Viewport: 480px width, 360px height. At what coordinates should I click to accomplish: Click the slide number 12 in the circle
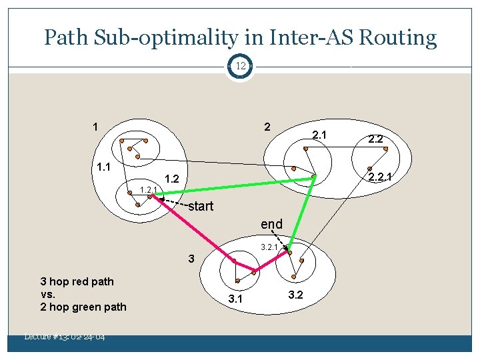[240, 66]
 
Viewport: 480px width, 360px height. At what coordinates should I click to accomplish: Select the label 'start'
[200, 206]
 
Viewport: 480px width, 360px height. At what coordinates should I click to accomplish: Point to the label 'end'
[271, 224]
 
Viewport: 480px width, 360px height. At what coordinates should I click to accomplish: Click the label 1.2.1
[148, 191]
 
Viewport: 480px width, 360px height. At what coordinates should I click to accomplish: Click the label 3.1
[235, 299]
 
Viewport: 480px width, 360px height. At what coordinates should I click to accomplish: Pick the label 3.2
[295, 295]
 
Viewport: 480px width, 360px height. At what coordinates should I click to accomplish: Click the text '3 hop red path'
[77, 281]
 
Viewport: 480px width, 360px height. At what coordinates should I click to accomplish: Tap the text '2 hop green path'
[83, 307]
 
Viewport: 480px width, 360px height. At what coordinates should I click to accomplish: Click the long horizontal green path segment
[233, 186]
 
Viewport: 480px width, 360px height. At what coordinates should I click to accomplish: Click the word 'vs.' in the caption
[47, 294]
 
